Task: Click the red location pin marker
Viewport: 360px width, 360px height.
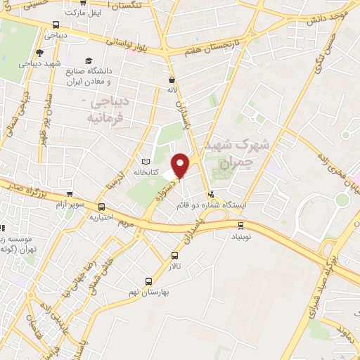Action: click(181, 165)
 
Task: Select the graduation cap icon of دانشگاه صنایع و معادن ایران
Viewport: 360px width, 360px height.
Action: click(89, 61)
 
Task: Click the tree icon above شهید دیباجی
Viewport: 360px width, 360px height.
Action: click(39, 52)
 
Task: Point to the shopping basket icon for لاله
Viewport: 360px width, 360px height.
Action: click(172, 80)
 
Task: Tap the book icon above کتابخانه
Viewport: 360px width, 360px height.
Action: click(147, 161)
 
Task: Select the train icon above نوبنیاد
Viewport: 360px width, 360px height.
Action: click(241, 226)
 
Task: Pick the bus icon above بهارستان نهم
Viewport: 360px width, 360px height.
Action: click(148, 281)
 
